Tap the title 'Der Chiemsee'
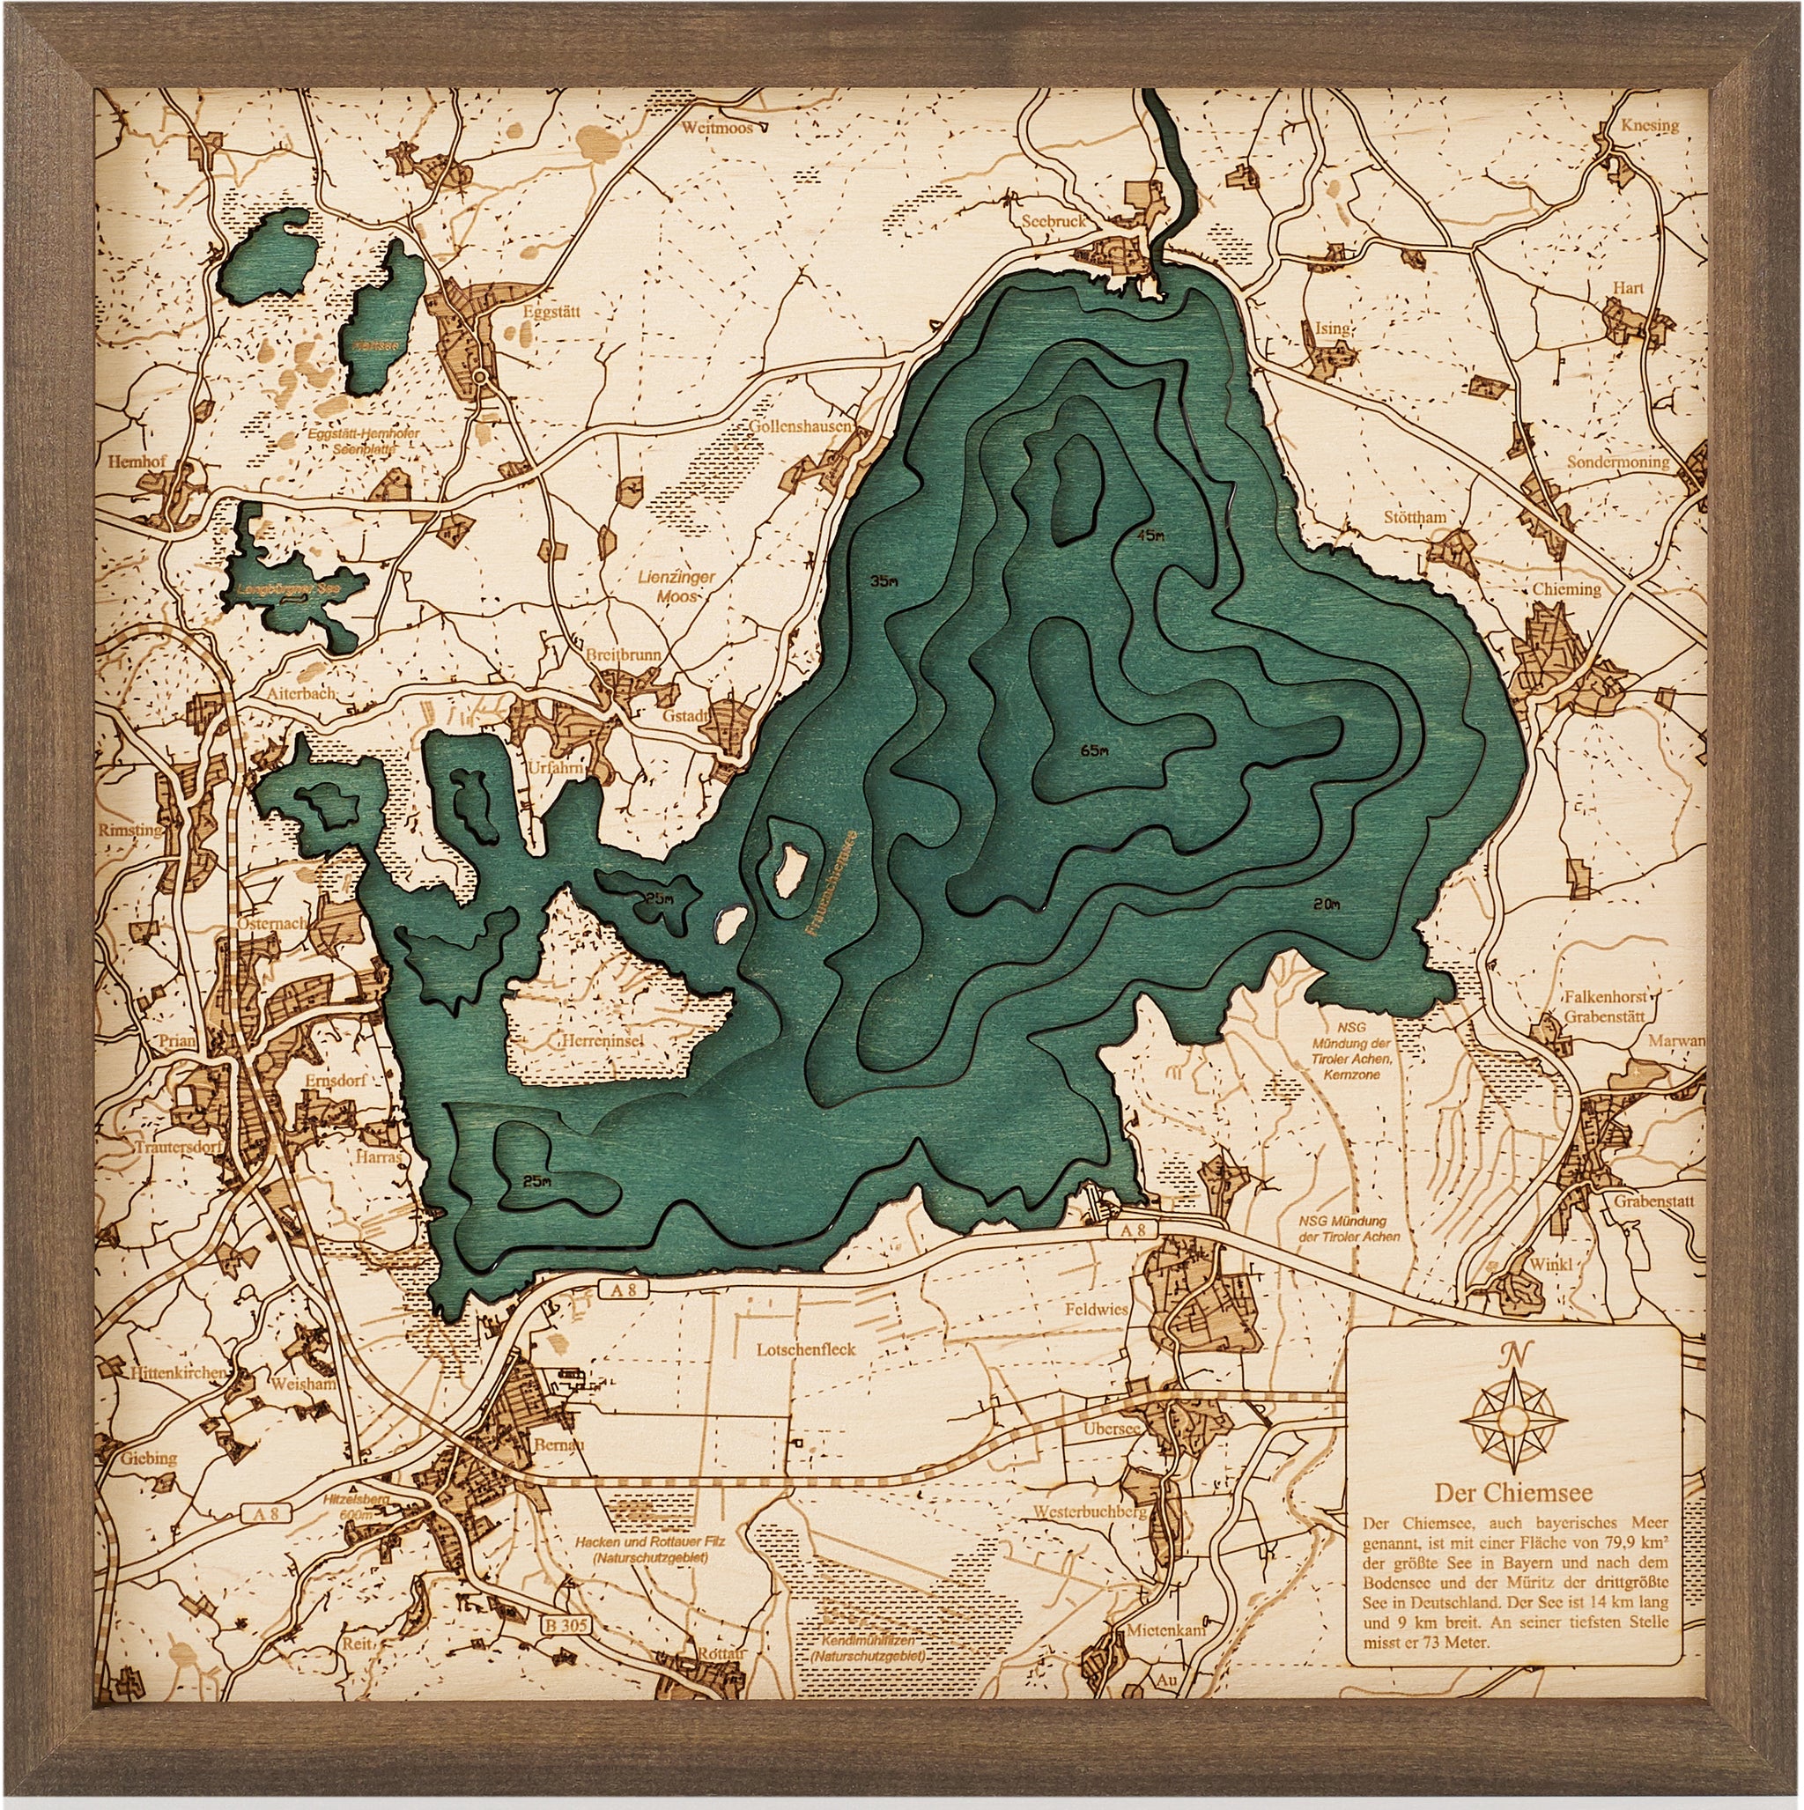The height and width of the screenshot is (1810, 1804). (x=1512, y=1518)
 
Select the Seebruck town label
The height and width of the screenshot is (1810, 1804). (x=1054, y=221)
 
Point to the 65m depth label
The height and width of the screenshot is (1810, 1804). (x=1094, y=751)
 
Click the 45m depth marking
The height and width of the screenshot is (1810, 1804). (x=1149, y=536)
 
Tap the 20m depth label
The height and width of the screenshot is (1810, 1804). (x=1327, y=904)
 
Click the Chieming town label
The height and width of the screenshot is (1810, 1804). (x=1566, y=589)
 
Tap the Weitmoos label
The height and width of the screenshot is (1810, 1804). (x=718, y=128)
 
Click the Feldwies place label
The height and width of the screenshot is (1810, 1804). (x=1097, y=1310)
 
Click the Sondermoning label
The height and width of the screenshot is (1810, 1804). (x=1618, y=462)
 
